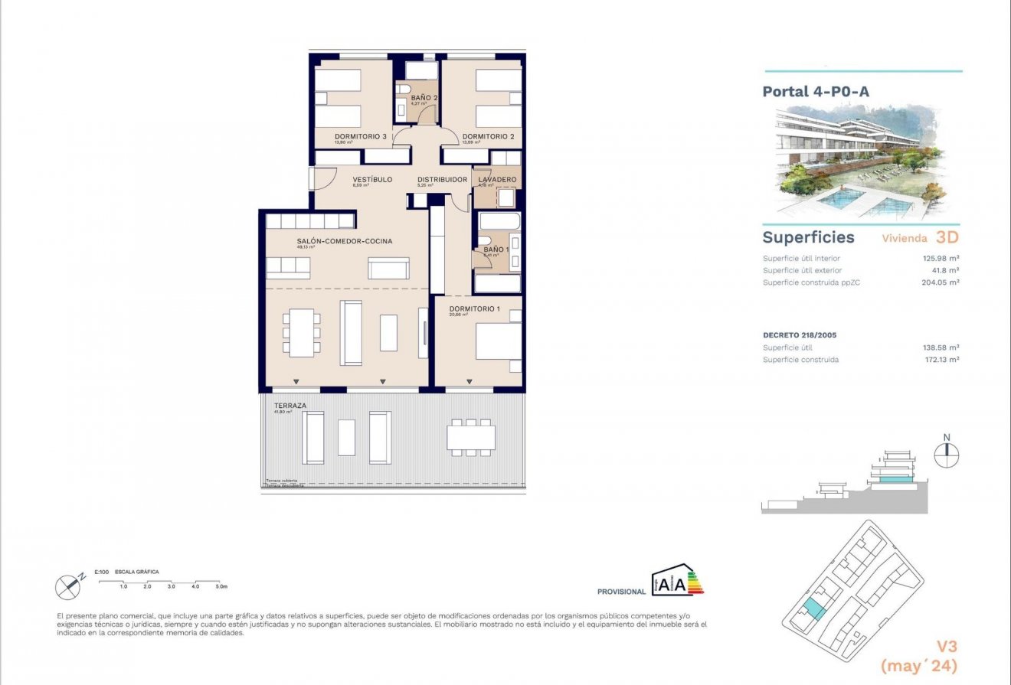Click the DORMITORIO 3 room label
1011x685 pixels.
tap(359, 136)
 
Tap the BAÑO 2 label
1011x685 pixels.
tap(424, 98)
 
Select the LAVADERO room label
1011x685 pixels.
tap(497, 180)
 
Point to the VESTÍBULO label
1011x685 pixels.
tap(372, 180)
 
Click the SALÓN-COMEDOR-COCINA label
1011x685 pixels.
tap(344, 241)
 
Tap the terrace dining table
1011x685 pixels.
tap(471, 437)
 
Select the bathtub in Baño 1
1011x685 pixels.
tap(499, 223)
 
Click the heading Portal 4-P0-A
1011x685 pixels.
tap(816, 92)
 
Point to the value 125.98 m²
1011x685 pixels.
tap(941, 259)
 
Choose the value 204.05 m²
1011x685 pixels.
tap(940, 282)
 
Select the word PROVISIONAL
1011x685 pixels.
tap(621, 592)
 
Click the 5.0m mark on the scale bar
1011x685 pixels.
tap(221, 586)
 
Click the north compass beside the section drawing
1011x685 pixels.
tap(947, 455)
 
